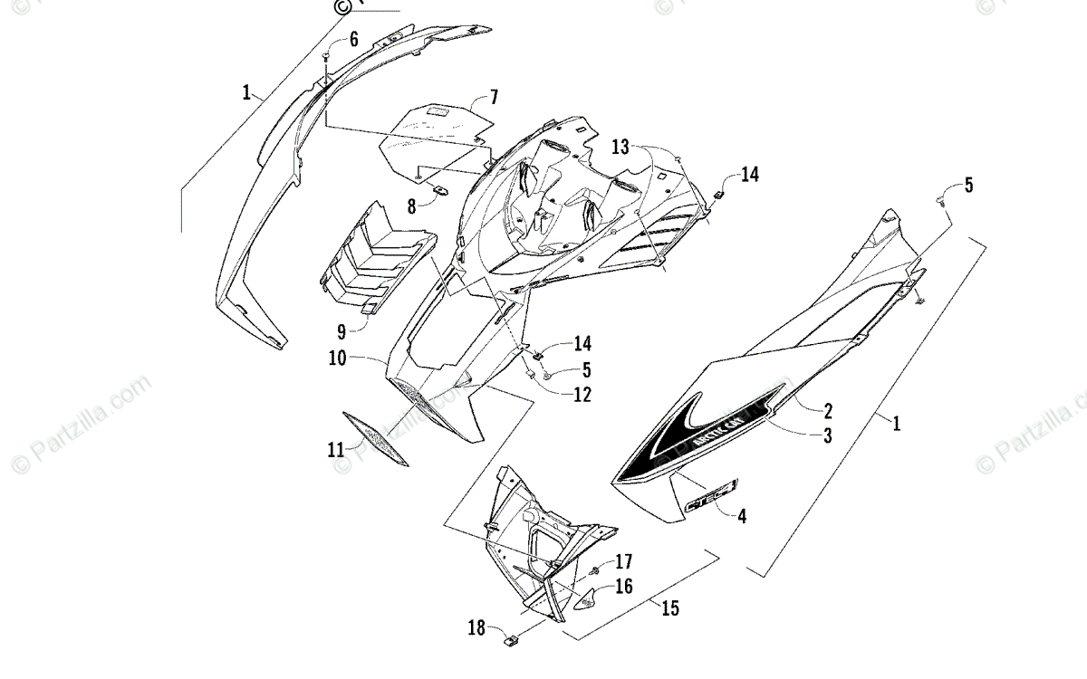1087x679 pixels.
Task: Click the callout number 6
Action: (x=353, y=39)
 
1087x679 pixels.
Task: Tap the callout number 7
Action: (x=494, y=96)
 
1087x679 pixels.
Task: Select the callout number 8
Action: (x=411, y=206)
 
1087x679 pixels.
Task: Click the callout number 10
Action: (x=338, y=359)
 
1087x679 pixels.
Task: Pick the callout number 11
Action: (x=336, y=447)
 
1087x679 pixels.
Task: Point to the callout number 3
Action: (x=827, y=435)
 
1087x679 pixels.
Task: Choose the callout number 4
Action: (x=742, y=517)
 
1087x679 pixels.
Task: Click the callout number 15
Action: (x=669, y=608)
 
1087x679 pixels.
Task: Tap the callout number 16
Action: (x=623, y=587)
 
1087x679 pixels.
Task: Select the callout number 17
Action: (x=623, y=561)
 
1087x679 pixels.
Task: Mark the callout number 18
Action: (x=476, y=626)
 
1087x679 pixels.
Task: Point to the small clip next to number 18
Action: (x=513, y=642)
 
